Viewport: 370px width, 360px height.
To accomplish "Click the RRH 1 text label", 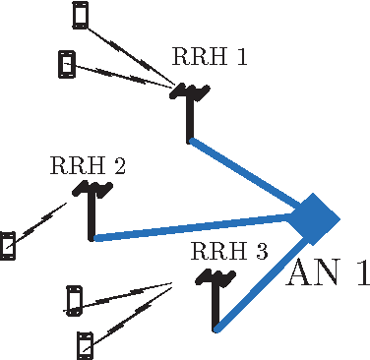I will pyautogui.click(x=210, y=57).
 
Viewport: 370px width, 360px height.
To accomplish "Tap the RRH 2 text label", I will pyautogui.click(x=88, y=165).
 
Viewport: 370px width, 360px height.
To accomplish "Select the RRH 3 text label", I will pyautogui.click(x=229, y=251).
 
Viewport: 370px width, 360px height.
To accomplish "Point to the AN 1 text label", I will pyautogui.click(x=327, y=274).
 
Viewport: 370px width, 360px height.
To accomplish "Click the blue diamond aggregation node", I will pyautogui.click(x=316, y=216).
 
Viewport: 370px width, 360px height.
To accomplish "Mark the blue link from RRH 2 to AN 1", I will pyautogui.click(x=197, y=227).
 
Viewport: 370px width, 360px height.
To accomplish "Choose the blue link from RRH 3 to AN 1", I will pyautogui.click(x=261, y=280).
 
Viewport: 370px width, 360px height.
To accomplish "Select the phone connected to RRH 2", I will pyautogui.click(x=8, y=245).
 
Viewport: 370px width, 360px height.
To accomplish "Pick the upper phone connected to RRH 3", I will pyautogui.click(x=74, y=299).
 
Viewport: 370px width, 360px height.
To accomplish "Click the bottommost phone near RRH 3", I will pyautogui.click(x=85, y=344).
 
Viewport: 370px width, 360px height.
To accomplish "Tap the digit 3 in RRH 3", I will pyautogui.click(x=261, y=251).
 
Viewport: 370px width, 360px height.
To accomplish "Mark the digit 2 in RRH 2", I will pyautogui.click(x=119, y=165).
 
